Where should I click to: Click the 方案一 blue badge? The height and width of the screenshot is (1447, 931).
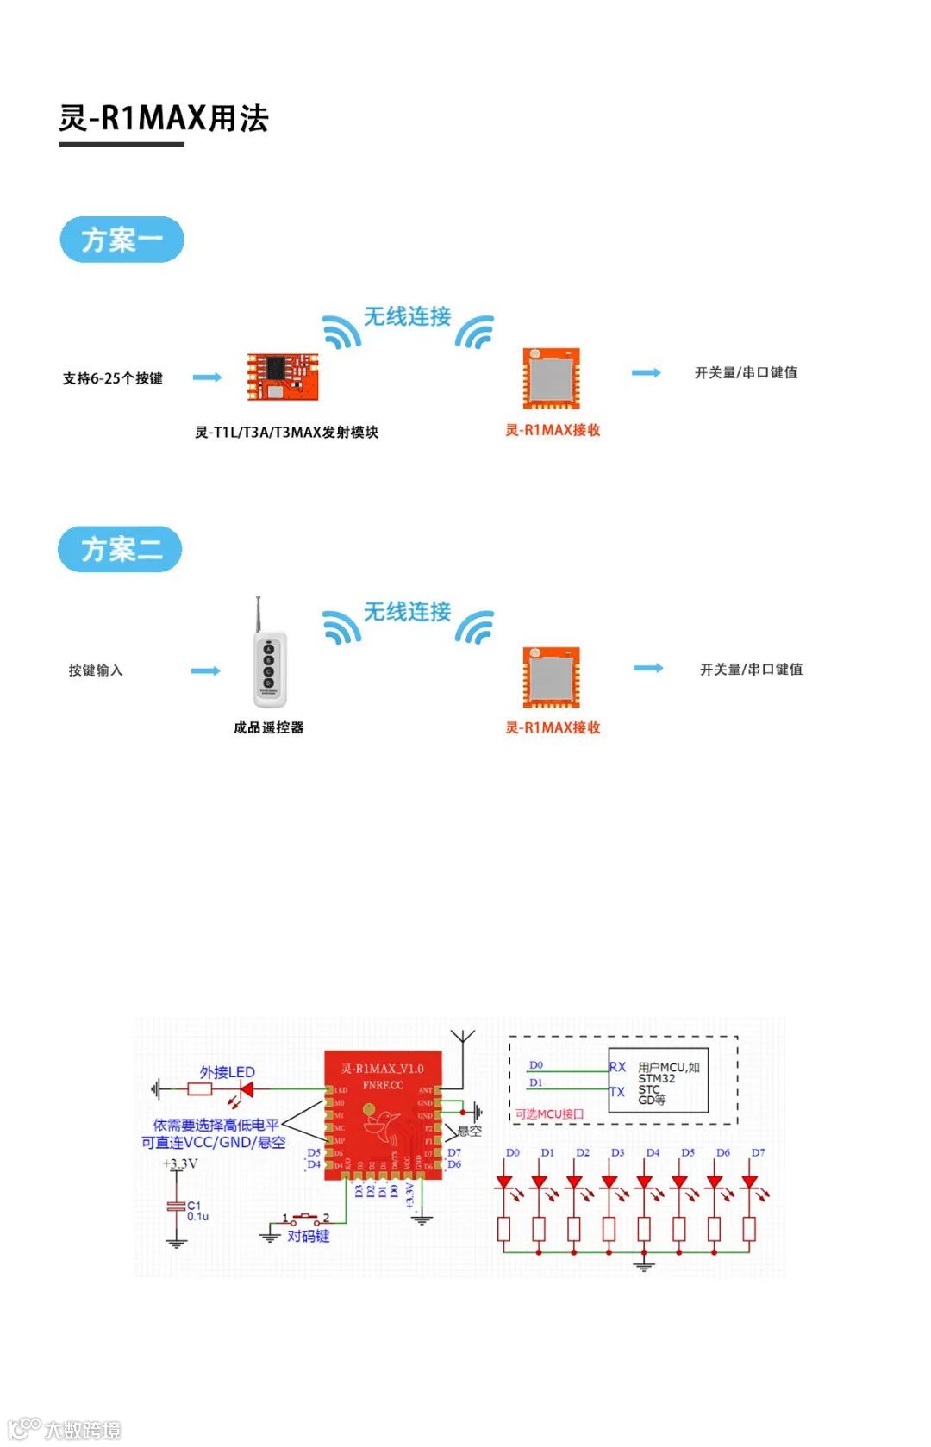click(x=122, y=240)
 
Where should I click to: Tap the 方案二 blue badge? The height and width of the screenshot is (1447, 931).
click(x=121, y=549)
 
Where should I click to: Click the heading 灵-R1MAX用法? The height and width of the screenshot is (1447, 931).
click(x=164, y=118)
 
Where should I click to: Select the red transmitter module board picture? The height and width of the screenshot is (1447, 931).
click(x=283, y=377)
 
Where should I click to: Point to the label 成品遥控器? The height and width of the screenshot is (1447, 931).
click(x=268, y=727)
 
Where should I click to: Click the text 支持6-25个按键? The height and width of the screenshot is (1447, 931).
click(x=112, y=378)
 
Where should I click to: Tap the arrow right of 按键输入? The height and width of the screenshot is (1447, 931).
click(x=206, y=670)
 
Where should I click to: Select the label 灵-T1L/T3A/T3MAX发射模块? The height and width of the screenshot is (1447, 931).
click(x=286, y=432)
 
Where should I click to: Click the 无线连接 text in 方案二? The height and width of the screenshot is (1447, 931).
click(x=407, y=612)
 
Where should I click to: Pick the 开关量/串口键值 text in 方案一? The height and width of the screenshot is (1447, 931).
click(x=746, y=372)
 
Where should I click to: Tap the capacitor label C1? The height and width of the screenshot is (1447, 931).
click(x=194, y=1206)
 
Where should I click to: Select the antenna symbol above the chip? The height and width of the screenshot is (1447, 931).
click(x=463, y=1038)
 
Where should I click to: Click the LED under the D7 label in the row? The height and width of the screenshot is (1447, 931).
click(x=749, y=1182)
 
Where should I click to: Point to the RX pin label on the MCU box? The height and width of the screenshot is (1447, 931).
click(x=617, y=1067)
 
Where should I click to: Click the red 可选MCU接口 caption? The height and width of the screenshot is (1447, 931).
click(x=549, y=1113)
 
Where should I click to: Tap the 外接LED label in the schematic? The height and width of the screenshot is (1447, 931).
click(x=228, y=1072)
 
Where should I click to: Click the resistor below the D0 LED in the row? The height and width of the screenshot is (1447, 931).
click(x=504, y=1228)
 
